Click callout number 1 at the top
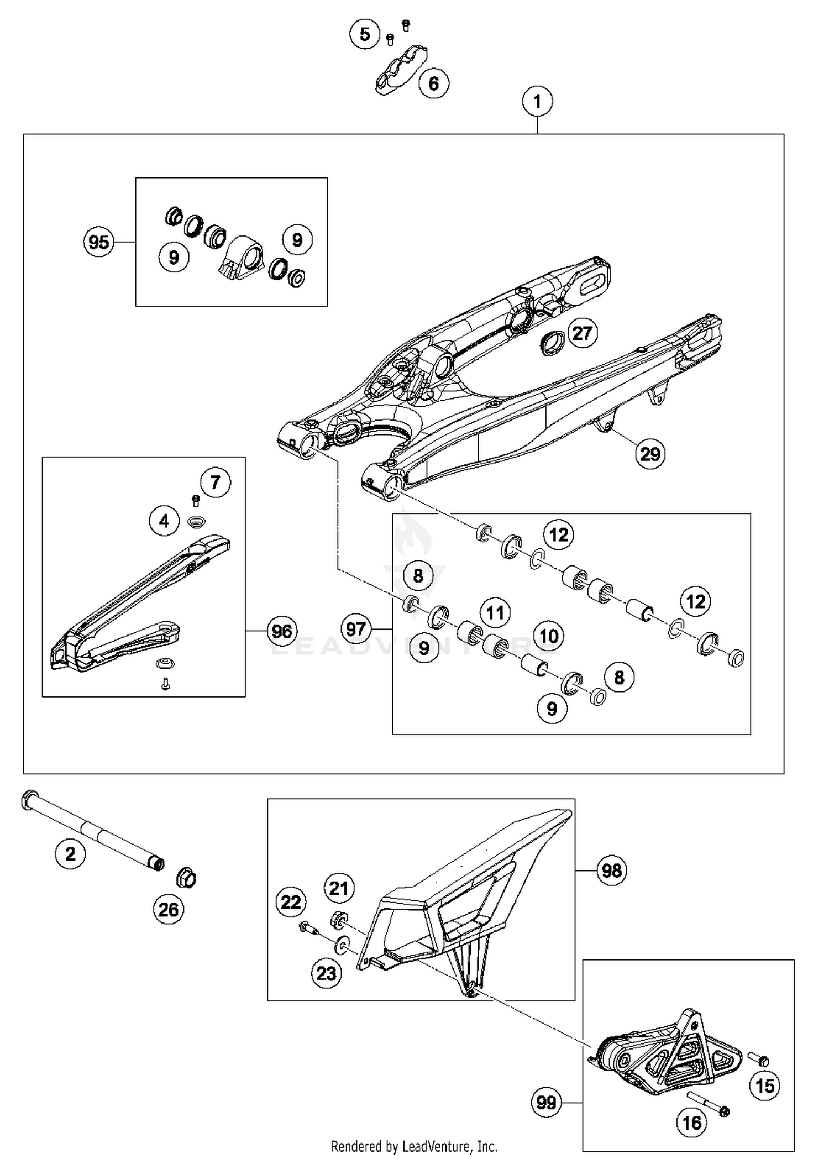[537, 102]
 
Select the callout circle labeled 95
[98, 242]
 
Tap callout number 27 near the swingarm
[582, 333]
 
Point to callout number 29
[650, 454]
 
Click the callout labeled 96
[282, 631]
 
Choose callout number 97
[355, 629]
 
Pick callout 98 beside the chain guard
[612, 871]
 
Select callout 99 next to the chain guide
[546, 1103]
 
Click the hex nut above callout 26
[186, 878]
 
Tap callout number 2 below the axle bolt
[70, 854]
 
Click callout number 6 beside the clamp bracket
[433, 83]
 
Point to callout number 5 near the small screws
[365, 34]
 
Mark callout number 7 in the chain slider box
[215, 483]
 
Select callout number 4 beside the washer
[164, 521]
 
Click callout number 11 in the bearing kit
[495, 613]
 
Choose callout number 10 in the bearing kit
[548, 636]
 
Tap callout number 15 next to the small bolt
[765, 1086]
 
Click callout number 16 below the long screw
[691, 1123]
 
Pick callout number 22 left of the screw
[291, 903]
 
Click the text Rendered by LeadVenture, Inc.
[414, 1146]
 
